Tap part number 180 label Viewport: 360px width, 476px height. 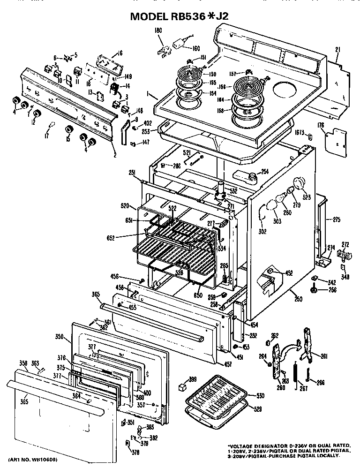click(158, 31)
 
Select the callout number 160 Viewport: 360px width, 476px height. click(195, 48)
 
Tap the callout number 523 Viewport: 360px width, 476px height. click(307, 197)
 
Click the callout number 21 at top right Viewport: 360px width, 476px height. click(337, 50)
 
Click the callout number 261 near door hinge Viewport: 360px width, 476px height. click(323, 356)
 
